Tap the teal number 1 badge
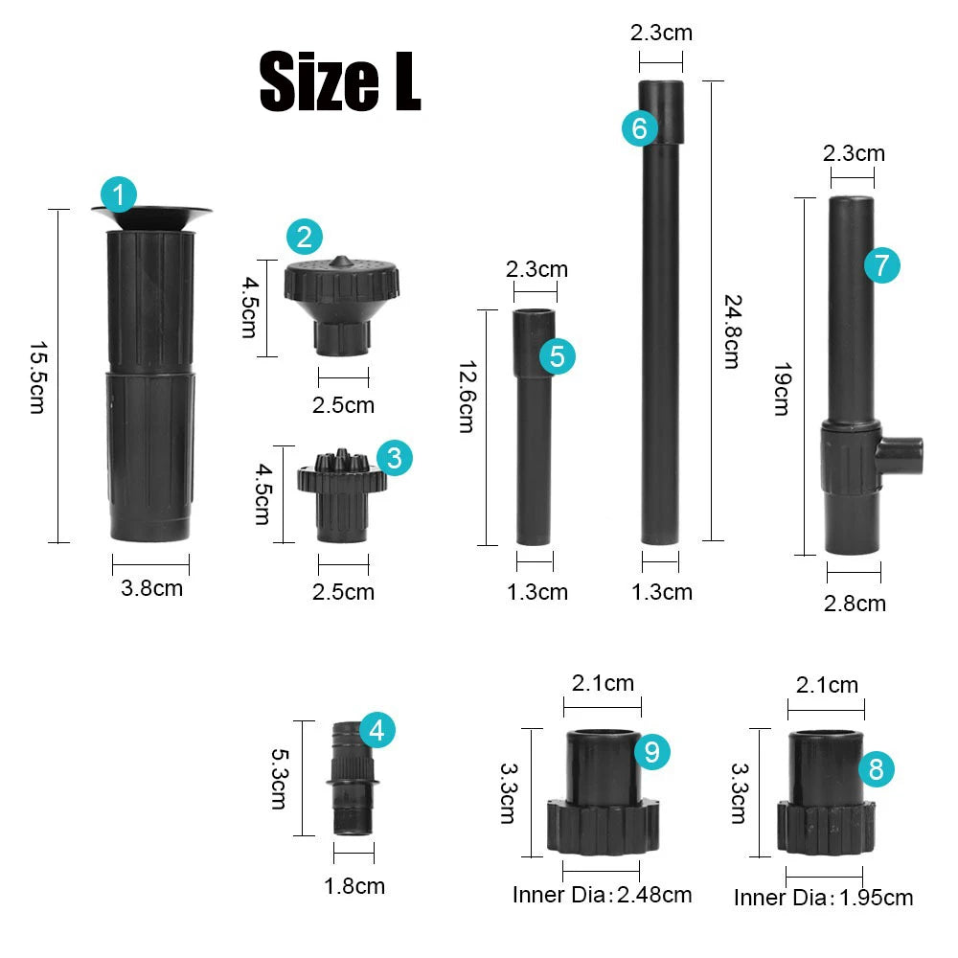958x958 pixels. pos(118,195)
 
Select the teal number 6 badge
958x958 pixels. pos(640,127)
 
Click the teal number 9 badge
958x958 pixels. pos(652,752)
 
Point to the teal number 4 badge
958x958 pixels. pos(376,731)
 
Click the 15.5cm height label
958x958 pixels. pos(36,376)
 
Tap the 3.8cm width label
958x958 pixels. pos(151,588)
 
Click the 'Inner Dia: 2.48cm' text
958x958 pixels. pos(602,895)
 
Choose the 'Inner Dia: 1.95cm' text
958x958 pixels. pos(823,898)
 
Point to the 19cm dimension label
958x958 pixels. pos(780,388)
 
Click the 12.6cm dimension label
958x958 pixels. pos(466,397)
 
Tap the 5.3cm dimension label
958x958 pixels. pos(278,780)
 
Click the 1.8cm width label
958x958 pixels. pos(354,886)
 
